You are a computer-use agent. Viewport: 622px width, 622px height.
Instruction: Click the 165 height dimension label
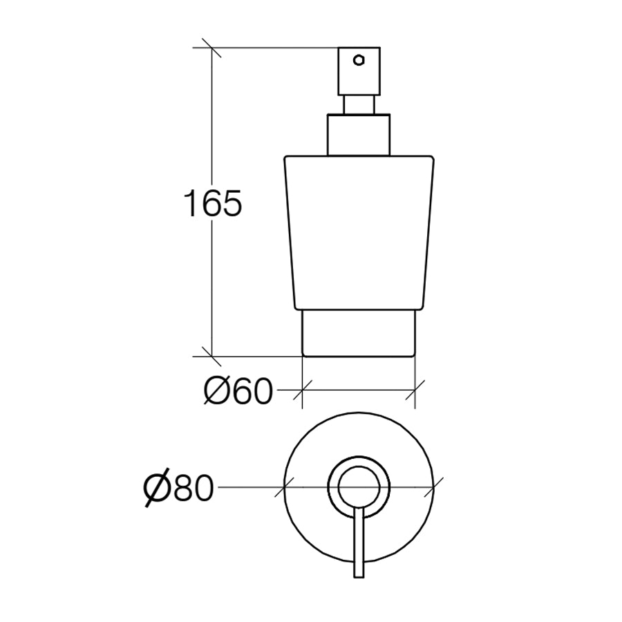click(x=213, y=205)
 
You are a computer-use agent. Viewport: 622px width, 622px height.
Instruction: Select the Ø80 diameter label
click(x=178, y=489)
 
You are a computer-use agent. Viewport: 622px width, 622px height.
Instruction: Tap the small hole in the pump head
click(x=358, y=59)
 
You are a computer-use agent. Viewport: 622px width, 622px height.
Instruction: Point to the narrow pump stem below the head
click(x=359, y=104)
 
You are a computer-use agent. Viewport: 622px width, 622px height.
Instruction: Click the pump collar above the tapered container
click(x=359, y=135)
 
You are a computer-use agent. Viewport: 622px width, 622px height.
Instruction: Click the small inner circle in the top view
click(x=359, y=487)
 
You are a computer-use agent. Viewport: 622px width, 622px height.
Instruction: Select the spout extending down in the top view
click(x=359, y=546)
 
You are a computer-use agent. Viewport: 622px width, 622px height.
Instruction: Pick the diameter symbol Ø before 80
click(x=158, y=489)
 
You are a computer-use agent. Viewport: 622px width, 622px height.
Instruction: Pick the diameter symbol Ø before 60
click(x=218, y=393)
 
